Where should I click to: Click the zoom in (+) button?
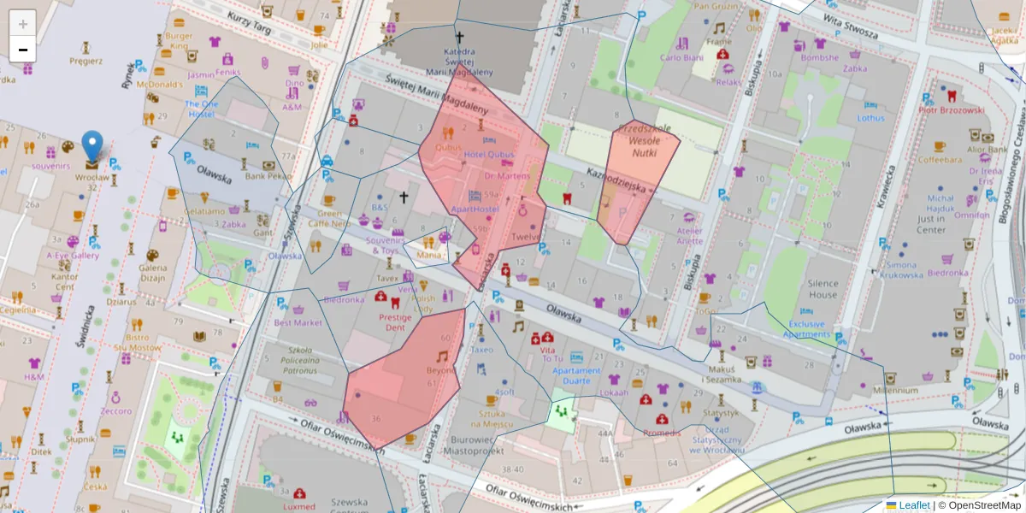23,23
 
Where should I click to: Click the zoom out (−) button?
23,49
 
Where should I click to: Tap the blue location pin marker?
92,147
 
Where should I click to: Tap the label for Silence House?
823,288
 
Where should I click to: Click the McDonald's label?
160,85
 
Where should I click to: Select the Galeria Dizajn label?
152,271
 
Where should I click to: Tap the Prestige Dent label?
395,322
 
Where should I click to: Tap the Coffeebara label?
940,160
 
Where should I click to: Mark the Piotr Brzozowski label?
951,110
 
